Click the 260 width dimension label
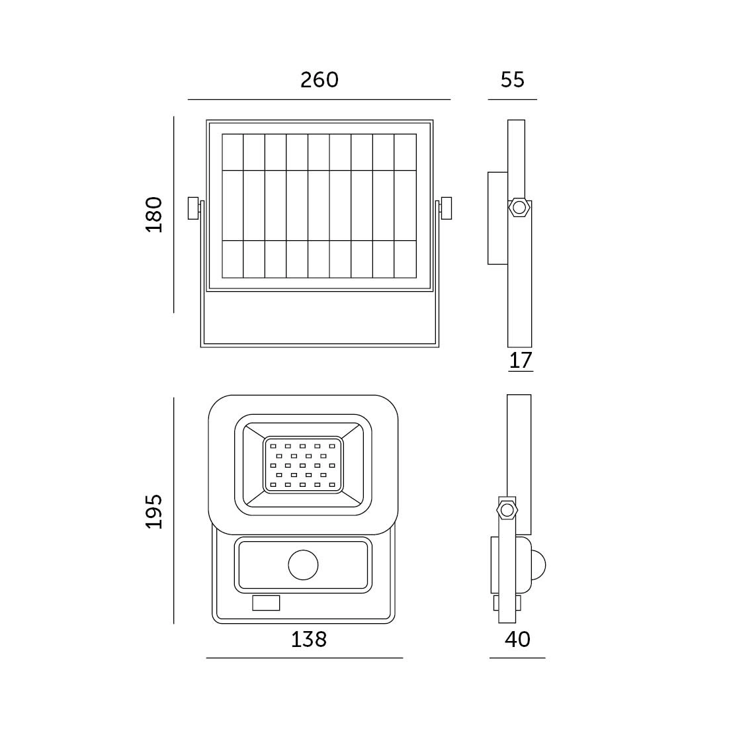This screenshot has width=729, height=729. click(x=320, y=80)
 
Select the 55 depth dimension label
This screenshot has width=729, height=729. click(x=512, y=80)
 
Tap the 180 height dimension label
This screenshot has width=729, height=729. click(x=154, y=214)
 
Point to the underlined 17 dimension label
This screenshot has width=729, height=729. click(x=520, y=361)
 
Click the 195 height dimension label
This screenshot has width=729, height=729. click(x=154, y=511)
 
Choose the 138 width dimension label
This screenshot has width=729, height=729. click(x=309, y=639)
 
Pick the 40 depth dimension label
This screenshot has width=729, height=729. click(x=517, y=639)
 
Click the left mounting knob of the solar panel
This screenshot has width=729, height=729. click(x=193, y=208)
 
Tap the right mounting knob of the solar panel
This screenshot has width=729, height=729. click(x=446, y=208)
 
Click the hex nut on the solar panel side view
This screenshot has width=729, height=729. click(x=519, y=208)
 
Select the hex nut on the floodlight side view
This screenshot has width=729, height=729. click(x=507, y=510)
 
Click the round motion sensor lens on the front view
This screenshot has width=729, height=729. click(x=303, y=565)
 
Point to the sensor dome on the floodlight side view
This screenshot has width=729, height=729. click(x=538, y=566)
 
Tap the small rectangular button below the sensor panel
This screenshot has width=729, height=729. click(x=266, y=603)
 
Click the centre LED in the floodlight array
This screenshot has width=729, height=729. click(x=302, y=466)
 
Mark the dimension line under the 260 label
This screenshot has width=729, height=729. click(x=319, y=99)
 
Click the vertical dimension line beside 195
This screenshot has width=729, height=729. click(x=173, y=511)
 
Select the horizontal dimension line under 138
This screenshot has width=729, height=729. click(x=304, y=658)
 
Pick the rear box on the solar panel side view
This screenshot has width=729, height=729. click(x=497, y=218)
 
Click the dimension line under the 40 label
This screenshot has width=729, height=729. click(x=517, y=658)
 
